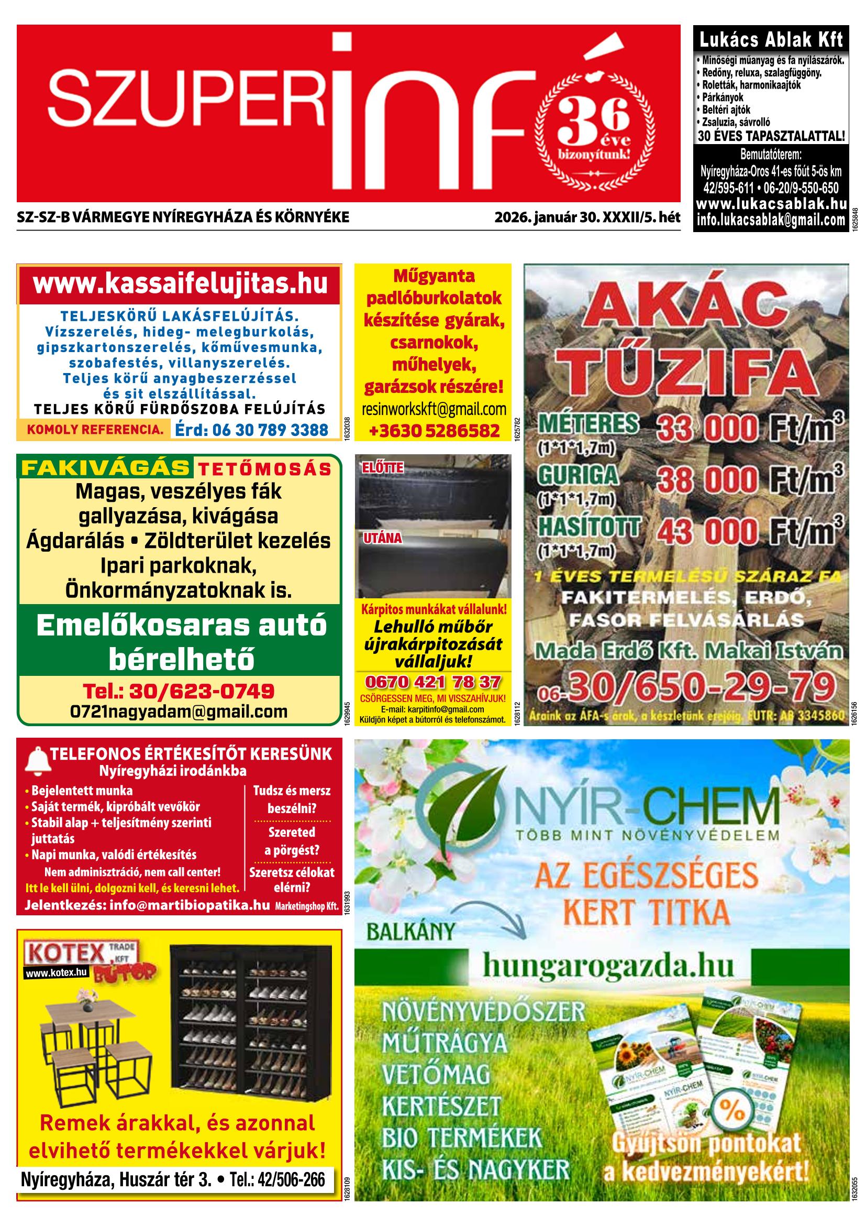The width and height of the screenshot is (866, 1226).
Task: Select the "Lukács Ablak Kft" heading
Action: tap(771, 39)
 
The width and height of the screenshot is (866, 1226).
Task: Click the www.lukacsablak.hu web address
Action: tap(771, 204)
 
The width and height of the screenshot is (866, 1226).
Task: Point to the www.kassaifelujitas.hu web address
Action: tap(180, 283)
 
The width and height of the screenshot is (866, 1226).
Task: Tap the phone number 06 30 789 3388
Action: tap(251, 430)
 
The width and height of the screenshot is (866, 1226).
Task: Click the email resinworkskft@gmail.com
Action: tap(434, 409)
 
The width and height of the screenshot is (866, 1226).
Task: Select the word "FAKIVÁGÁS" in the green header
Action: tap(106, 468)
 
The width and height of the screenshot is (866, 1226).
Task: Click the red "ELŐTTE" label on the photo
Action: tap(383, 468)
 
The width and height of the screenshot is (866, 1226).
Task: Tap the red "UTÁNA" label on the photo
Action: tap(383, 538)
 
